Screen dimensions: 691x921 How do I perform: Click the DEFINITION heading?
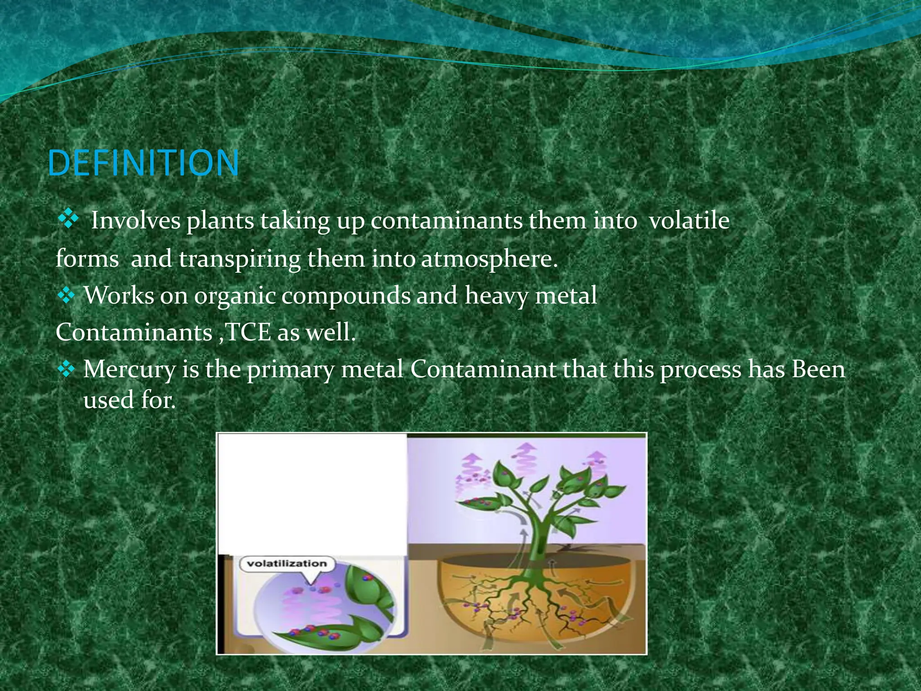coord(143,163)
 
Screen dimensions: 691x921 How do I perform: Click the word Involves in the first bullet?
coord(135,220)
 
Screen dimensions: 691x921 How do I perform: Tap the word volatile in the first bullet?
coord(689,220)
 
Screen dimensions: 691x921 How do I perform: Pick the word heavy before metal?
coord(496,296)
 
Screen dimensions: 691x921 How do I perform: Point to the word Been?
coord(818,369)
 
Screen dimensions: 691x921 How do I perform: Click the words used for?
coord(129,399)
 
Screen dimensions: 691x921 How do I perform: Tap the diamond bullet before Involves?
coord(68,220)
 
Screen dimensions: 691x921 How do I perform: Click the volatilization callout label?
coord(287,564)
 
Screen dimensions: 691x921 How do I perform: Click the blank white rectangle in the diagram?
coord(312,493)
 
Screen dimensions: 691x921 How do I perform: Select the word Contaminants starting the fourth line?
coord(134,333)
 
